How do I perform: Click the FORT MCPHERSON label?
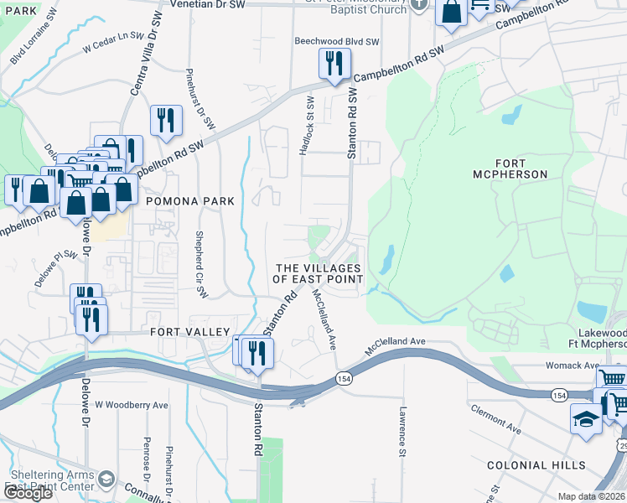[x=521, y=168]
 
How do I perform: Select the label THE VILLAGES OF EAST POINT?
[x=320, y=272]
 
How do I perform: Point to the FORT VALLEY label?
[x=189, y=332]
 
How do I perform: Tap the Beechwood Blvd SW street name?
[x=336, y=41]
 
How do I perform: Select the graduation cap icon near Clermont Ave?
[x=586, y=418]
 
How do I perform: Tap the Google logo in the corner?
[x=28, y=493]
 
